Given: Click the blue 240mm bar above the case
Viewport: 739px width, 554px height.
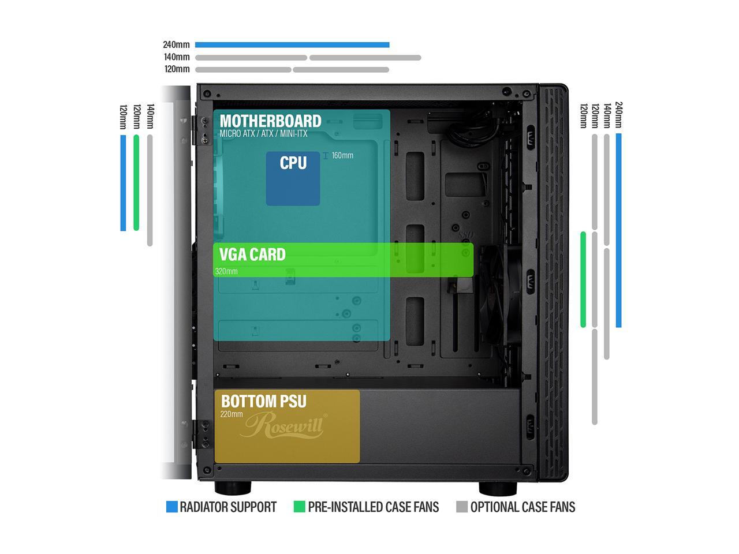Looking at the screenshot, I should click(x=292, y=44).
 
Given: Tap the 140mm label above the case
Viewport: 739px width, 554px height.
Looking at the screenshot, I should click(x=177, y=57).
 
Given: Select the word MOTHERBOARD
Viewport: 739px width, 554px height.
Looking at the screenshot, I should click(x=270, y=121).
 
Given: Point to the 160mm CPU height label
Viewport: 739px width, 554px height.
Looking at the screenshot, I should click(x=342, y=155).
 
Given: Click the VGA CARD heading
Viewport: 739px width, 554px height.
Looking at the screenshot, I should click(x=252, y=254).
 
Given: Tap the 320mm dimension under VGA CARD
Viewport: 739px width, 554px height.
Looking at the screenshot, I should click(x=226, y=271).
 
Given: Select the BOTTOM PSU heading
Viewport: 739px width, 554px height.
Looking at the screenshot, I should click(x=264, y=401).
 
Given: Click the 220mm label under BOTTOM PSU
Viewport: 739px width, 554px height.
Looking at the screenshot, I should click(x=232, y=414).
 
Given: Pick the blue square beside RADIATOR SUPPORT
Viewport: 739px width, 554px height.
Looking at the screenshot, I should click(x=171, y=507).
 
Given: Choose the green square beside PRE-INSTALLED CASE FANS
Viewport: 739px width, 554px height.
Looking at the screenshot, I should click(x=299, y=507).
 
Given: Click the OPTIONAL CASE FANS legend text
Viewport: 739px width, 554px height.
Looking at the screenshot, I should click(x=522, y=507).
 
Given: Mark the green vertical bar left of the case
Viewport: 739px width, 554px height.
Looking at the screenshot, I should click(x=136, y=182).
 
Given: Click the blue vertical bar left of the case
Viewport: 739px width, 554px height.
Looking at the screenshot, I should click(x=123, y=182).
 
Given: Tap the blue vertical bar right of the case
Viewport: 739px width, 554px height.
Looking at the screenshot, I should click(x=618, y=230).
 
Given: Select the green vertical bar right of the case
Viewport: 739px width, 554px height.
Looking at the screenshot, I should click(x=583, y=279).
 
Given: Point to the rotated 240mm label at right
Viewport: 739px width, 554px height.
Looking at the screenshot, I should click(x=619, y=115).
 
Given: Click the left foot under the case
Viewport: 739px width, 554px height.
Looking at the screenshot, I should click(x=233, y=488).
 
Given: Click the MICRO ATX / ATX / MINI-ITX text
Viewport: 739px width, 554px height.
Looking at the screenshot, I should click(x=263, y=134).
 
